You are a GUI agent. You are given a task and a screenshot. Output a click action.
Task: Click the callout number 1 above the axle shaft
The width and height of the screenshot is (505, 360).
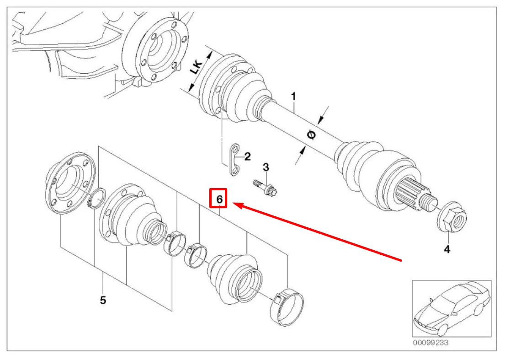pos(294,97)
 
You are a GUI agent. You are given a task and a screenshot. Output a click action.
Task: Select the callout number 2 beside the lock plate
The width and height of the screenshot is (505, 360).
pos(247,157)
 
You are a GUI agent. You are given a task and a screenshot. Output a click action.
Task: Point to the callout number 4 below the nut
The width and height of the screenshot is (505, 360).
pos(447,249)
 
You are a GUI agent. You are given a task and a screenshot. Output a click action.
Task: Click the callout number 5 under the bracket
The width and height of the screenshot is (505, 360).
pos(103,300)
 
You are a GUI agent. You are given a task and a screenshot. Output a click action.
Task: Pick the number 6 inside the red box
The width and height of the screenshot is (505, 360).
pos(219,199)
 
